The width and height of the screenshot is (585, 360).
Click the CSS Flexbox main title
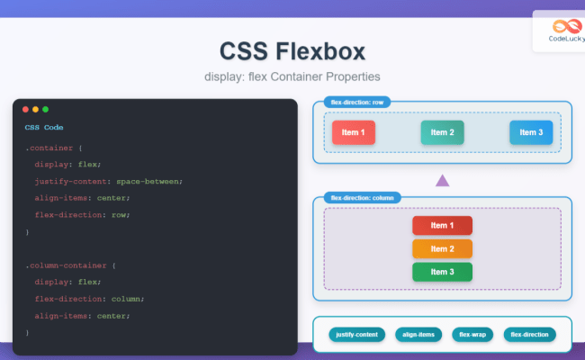tap(292, 49)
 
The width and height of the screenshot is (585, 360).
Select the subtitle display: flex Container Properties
tap(292, 76)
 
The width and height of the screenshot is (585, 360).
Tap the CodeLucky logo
tap(564, 31)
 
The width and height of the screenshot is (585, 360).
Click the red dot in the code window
tap(25, 109)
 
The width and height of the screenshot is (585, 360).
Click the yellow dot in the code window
tap(35, 109)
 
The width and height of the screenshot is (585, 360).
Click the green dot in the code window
tap(45, 109)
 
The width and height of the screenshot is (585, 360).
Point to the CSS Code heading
tap(44, 128)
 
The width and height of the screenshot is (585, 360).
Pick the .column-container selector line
tap(70, 265)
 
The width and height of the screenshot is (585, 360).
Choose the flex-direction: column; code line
tap(89, 299)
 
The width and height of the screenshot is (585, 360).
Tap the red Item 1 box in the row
tap(353, 132)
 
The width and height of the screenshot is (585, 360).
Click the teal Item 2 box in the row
tap(442, 132)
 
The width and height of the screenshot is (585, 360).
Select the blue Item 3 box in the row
tap(530, 132)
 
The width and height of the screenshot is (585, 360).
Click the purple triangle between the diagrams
tap(442, 180)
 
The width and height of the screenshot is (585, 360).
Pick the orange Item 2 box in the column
tap(442, 248)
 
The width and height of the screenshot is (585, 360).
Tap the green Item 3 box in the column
tap(442, 272)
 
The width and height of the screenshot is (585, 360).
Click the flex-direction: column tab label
tap(362, 197)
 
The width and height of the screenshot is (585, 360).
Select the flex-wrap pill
tap(472, 335)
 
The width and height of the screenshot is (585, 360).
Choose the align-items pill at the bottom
tap(418, 335)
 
